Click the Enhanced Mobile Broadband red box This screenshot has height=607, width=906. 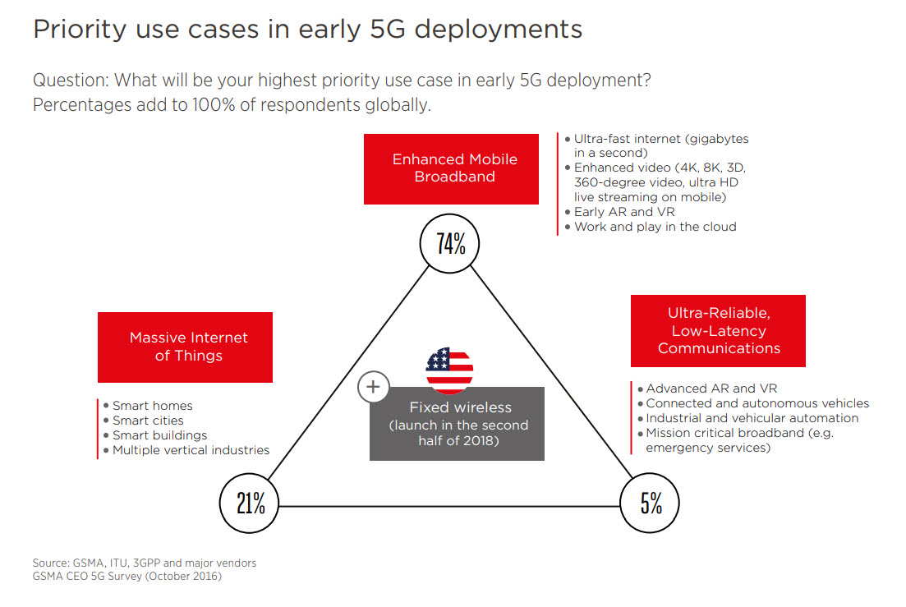click(451, 169)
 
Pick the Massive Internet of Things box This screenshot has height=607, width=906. click(185, 347)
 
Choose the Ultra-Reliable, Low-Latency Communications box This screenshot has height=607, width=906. click(718, 331)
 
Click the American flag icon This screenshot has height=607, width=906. click(449, 370)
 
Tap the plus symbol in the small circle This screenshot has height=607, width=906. click(373, 386)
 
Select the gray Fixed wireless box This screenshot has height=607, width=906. click(457, 424)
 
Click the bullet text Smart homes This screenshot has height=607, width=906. click(153, 406)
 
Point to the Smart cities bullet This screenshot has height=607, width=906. click(148, 421)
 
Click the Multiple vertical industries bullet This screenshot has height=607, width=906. click(191, 450)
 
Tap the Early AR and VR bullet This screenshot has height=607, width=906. click(624, 212)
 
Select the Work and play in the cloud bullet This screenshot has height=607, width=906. click(655, 227)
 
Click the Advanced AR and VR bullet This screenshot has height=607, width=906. click(711, 389)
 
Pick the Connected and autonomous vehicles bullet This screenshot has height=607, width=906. click(757, 403)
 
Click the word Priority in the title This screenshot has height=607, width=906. click(80, 30)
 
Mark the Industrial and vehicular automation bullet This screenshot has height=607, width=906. click(752, 418)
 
